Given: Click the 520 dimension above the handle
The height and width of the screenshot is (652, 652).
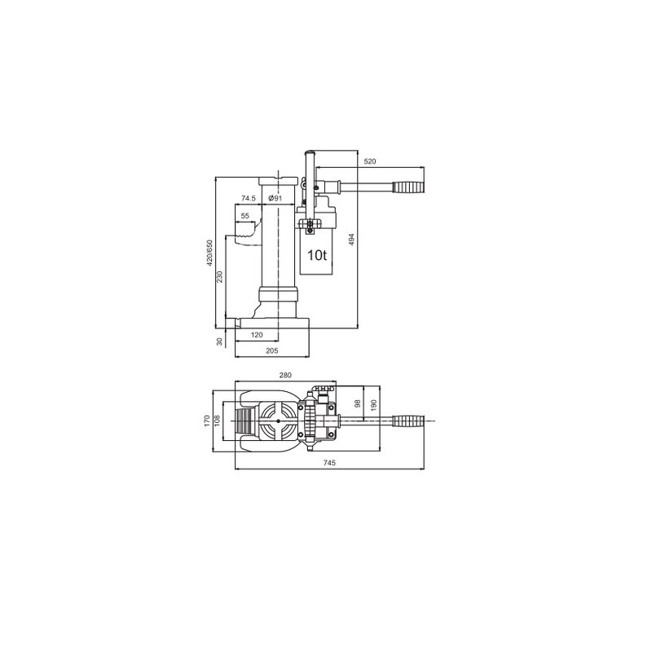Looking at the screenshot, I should click(x=369, y=162).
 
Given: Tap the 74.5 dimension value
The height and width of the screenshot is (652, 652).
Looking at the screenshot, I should click(x=249, y=198).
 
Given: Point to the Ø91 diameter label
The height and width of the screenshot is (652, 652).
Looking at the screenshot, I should click(x=275, y=198).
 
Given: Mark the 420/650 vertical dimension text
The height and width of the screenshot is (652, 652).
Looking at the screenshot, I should click(x=209, y=253).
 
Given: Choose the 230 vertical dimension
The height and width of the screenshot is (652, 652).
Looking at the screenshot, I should click(x=220, y=278).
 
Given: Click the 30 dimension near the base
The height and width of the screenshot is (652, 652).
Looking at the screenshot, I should click(x=219, y=341).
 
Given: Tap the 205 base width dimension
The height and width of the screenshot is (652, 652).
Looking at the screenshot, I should click(x=272, y=350).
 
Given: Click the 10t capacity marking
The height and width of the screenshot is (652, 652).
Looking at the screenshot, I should click(x=317, y=255).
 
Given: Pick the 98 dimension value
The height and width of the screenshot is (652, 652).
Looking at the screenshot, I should click(x=357, y=404).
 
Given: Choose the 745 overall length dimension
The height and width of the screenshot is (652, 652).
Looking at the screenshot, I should click(x=330, y=463).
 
